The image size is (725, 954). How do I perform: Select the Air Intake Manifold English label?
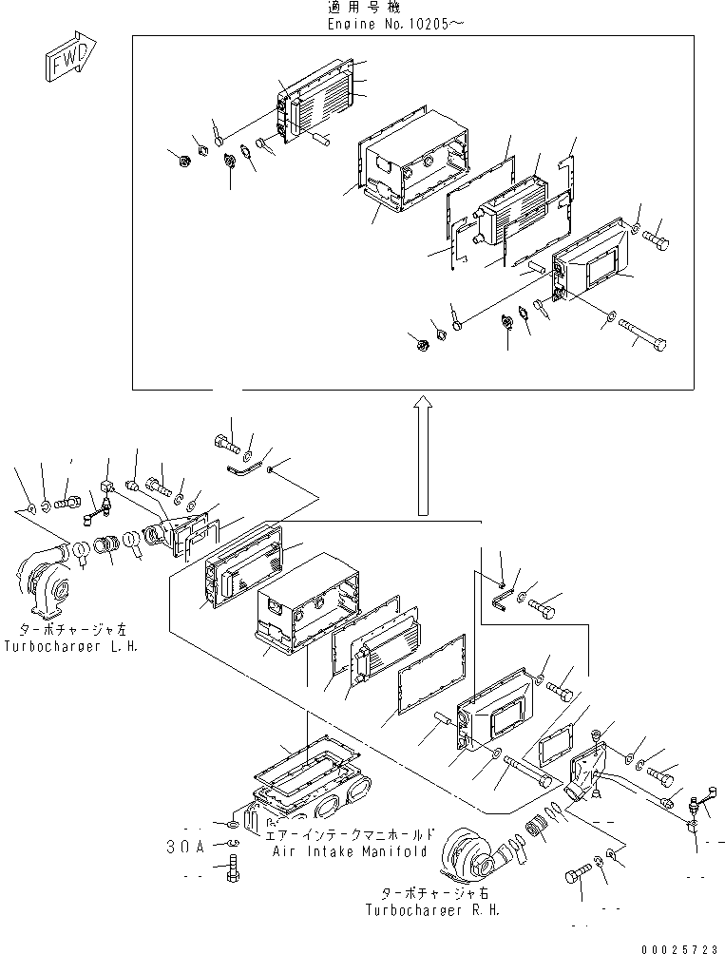pos(348,852)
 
